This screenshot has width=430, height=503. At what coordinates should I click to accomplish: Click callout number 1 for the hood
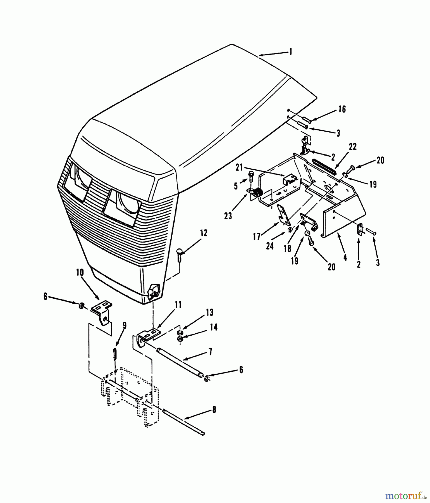[290, 52]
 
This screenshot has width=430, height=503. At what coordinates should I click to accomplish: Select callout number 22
[353, 147]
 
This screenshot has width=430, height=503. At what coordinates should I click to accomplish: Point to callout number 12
[204, 233]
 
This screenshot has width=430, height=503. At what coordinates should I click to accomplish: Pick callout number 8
[214, 410]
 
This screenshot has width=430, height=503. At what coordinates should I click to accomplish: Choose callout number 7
[210, 351]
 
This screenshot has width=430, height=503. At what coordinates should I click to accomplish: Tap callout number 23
[228, 216]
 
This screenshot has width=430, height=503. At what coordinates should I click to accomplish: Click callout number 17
[257, 237]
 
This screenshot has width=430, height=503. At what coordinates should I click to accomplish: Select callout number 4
[345, 257]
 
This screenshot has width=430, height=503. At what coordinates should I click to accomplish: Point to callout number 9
[124, 325]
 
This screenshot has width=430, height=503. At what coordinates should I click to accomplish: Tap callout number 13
[210, 312]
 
